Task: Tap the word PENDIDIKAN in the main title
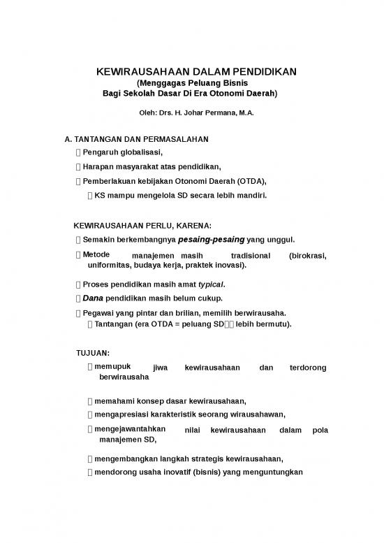(x=258, y=71)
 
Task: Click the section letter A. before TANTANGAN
(x=58, y=139)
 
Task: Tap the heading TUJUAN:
(x=92, y=352)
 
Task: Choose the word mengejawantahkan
(x=128, y=430)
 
